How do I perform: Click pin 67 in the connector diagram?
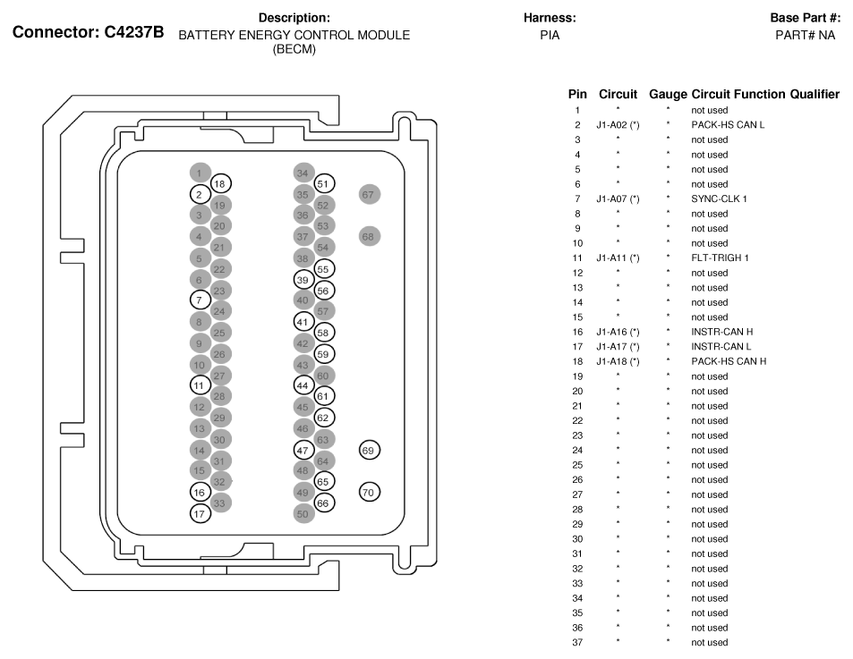[370, 195]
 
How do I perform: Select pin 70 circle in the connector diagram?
[370, 492]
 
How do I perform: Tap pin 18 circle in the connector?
[221, 184]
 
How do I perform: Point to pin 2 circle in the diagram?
[200, 195]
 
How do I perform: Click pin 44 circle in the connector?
[303, 385]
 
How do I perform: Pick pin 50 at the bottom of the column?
[303, 514]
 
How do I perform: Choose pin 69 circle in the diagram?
[370, 451]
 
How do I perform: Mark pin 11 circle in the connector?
[200, 385]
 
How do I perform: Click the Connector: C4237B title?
[88, 32]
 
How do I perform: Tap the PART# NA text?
[806, 35]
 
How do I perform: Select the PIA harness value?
[550, 35]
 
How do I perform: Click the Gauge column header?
[668, 95]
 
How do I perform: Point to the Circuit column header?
[618, 95]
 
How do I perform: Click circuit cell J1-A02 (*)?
[618, 125]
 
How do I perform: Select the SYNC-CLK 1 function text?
[719, 199]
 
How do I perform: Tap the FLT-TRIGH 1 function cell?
[721, 258]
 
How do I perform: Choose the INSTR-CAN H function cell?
[722, 332]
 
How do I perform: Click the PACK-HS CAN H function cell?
[729, 361]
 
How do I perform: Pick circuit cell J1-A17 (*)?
[618, 347]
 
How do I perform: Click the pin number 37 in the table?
[577, 643]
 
